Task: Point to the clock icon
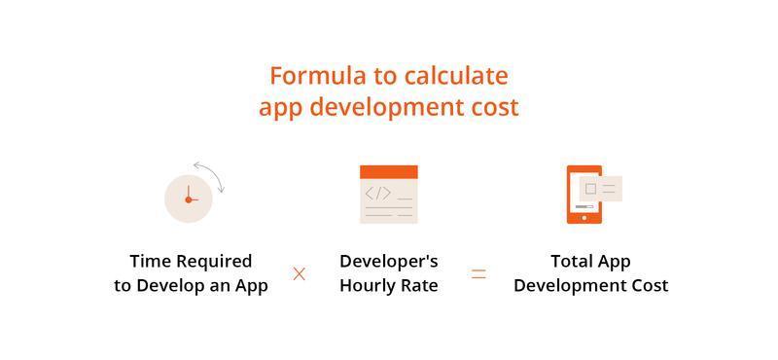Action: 189,198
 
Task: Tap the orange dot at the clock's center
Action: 188,199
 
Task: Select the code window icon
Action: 389,195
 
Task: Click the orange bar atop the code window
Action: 389,172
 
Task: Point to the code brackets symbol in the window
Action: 377,194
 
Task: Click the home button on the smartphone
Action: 583,218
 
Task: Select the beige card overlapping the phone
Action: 600,188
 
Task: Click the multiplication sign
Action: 300,273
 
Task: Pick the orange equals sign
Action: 478,273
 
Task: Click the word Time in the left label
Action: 151,261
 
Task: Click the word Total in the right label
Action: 572,261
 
